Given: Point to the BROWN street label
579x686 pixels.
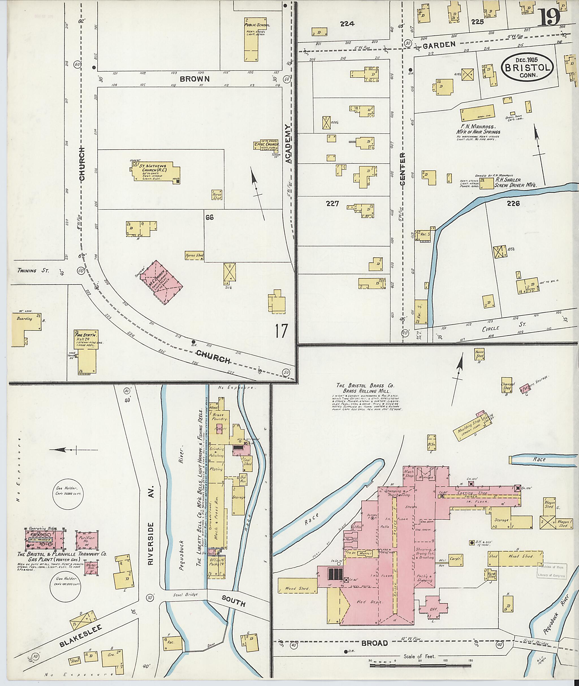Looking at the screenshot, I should [194, 79].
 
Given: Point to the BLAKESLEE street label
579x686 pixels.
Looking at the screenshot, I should [81, 635].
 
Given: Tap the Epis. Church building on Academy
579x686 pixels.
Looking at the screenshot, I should [267, 145].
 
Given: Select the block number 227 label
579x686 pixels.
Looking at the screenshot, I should [332, 204].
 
